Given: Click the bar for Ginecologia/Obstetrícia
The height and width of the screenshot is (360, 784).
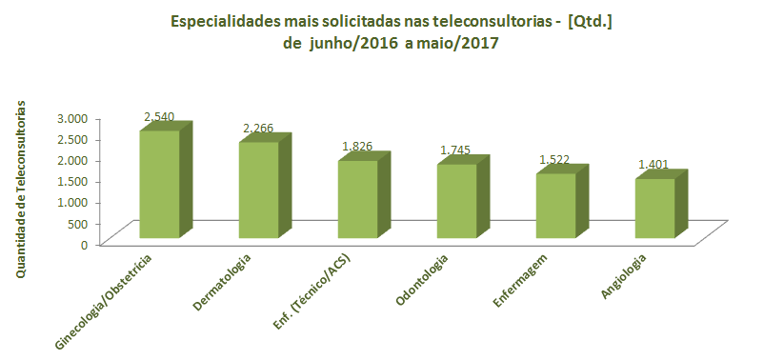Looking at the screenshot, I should click(159, 184).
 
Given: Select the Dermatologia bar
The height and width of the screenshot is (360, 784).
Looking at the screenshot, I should click(258, 190).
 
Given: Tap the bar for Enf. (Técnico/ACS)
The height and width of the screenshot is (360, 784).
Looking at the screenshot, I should click(357, 199).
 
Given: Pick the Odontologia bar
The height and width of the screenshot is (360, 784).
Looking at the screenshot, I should click(456, 201).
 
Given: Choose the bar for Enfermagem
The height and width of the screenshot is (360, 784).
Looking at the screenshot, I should click(555, 206).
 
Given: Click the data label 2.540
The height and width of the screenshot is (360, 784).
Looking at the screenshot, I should click(159, 117).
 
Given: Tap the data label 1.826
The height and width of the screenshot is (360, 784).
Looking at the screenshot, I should click(358, 147).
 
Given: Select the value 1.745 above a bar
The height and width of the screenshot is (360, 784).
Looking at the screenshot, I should click(456, 150).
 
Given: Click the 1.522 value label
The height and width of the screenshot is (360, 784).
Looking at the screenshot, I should click(554, 159).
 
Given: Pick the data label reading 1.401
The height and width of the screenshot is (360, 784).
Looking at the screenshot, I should click(653, 165).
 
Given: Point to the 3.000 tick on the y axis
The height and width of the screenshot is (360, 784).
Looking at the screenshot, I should click(72, 117).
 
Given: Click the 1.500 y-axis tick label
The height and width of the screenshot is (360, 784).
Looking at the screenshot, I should click(72, 181).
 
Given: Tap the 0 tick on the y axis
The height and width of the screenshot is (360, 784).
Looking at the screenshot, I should click(84, 244).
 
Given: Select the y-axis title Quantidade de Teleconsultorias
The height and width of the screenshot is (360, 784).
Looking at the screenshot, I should click(21, 190).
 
